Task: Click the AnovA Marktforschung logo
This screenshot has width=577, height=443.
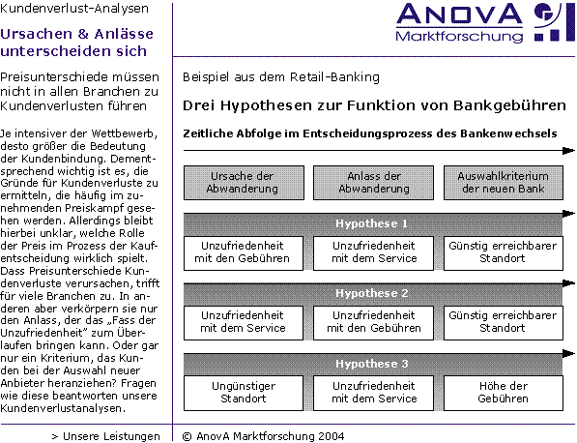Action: pos(485,23)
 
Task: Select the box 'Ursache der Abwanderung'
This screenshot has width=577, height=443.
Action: pos(244,183)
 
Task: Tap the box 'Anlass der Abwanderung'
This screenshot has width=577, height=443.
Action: pos(373,183)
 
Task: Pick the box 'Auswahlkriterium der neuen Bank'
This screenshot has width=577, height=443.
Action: pos(504,183)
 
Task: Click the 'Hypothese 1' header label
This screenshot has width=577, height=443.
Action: pos(372,223)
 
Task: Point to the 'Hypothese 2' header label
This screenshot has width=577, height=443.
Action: pos(372,293)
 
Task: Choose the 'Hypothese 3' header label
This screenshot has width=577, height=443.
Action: pos(372,364)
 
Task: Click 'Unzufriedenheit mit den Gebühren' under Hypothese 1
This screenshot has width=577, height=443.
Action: pos(244,253)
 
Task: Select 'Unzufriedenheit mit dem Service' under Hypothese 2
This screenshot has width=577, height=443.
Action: pos(244,323)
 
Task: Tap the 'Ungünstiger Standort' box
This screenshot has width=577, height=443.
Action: pos(244,393)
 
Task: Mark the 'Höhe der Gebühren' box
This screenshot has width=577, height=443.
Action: pos(504,393)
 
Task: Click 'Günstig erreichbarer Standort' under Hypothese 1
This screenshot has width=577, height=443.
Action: pos(504,253)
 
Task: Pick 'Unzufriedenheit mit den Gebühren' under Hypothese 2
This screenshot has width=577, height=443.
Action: pos(373,323)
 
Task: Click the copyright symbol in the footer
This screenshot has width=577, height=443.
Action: pos(188,437)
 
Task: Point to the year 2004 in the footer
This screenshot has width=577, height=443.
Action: pos(332,437)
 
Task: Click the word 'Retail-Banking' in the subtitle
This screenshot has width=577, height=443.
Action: pos(334,77)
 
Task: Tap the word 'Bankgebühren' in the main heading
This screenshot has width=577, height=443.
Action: pos(509,106)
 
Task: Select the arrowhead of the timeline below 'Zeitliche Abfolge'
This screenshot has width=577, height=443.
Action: pos(568,151)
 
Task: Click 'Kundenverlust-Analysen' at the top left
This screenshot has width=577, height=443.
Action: pos(74,9)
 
